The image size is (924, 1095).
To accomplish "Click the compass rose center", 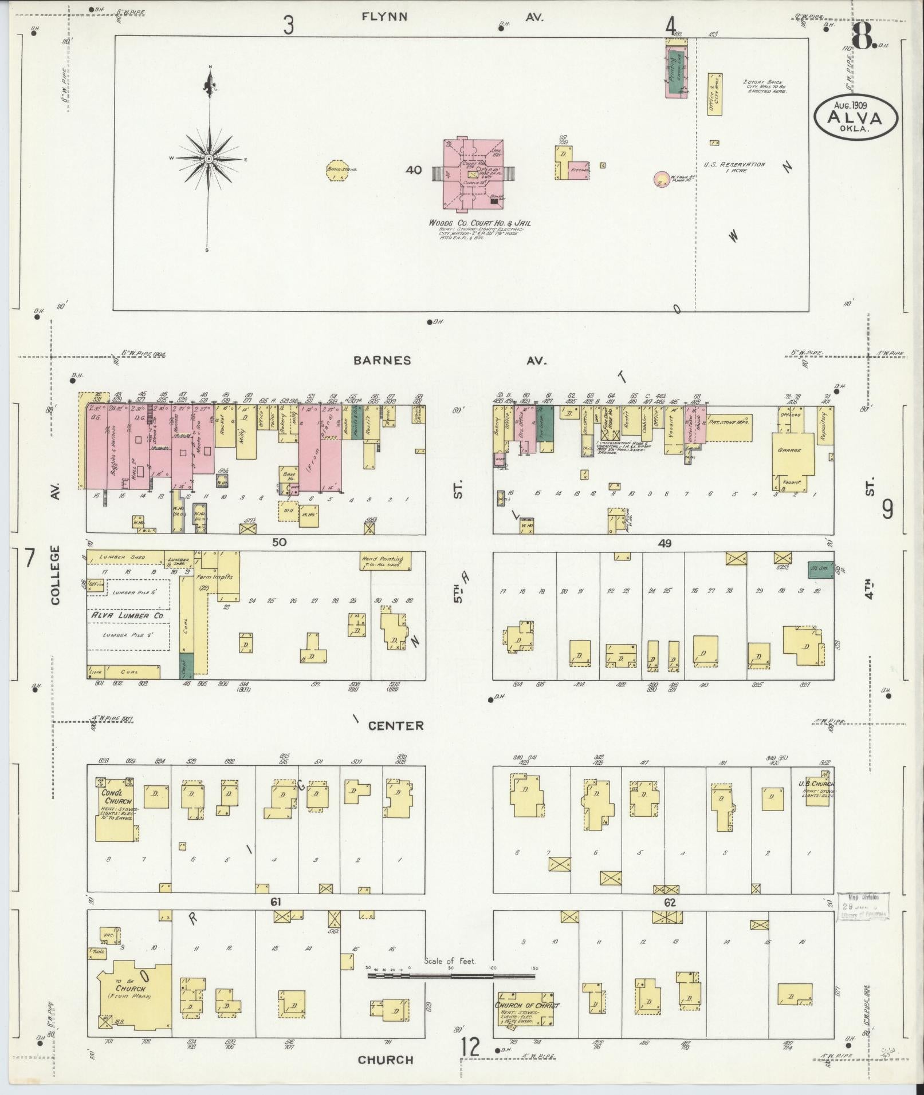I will (x=209, y=158).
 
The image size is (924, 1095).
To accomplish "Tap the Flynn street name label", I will (x=384, y=17).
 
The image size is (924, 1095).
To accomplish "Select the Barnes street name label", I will (x=382, y=361).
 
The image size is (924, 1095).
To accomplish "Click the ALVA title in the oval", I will (x=857, y=117).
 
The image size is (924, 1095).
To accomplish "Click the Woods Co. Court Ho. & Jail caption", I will (x=479, y=223).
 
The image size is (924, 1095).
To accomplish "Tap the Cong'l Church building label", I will (x=116, y=797).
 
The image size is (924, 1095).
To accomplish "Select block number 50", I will (x=279, y=542).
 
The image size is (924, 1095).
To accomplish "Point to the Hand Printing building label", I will (x=382, y=559).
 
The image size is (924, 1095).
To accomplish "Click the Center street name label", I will (x=396, y=726).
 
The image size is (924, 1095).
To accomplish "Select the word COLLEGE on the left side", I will (x=56, y=575).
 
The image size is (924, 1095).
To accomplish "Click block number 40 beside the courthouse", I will (x=413, y=170).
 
